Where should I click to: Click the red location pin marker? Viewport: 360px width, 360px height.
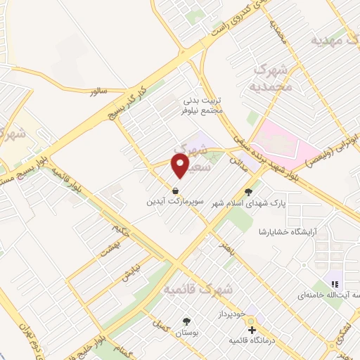[x=181, y=166]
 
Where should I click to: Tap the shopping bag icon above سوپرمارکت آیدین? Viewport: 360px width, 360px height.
[x=174, y=190]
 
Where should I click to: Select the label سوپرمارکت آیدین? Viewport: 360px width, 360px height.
[x=174, y=201]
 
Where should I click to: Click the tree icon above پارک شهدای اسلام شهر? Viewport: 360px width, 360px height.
[x=247, y=191]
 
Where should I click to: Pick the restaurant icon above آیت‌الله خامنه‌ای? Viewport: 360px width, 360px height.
[x=335, y=284]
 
